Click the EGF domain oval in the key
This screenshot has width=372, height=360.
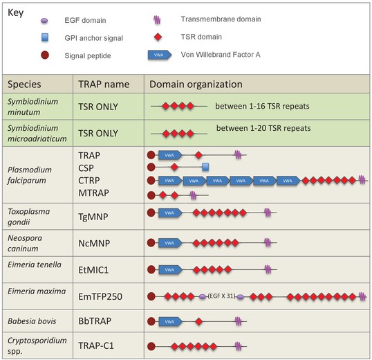click(44, 21)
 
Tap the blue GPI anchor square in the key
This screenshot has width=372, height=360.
click(45, 37)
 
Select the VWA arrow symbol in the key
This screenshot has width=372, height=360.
click(160, 55)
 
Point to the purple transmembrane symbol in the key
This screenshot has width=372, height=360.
click(157, 20)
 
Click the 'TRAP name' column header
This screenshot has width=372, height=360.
click(104, 84)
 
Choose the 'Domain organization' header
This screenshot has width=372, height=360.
click(196, 84)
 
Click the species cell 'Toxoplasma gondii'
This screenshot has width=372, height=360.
click(29, 217)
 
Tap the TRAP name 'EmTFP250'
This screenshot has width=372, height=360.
click(100, 296)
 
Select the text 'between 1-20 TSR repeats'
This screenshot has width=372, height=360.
click(263, 128)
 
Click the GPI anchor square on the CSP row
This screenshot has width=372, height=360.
click(205, 167)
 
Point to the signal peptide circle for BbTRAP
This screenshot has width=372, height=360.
click(151, 321)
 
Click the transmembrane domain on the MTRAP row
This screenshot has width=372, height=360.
click(194, 195)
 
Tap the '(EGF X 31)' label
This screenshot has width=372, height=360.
click(221, 296)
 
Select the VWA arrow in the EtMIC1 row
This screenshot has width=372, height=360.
click(170, 270)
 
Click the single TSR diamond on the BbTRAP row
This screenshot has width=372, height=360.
click(199, 322)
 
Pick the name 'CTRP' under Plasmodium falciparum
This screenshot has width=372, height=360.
click(89, 181)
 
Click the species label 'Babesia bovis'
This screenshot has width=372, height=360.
click(32, 321)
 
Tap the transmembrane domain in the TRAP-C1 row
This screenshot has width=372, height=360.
click(238, 346)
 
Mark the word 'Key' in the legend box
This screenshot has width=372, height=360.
click(16, 13)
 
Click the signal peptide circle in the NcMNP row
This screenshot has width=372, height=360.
click(151, 243)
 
